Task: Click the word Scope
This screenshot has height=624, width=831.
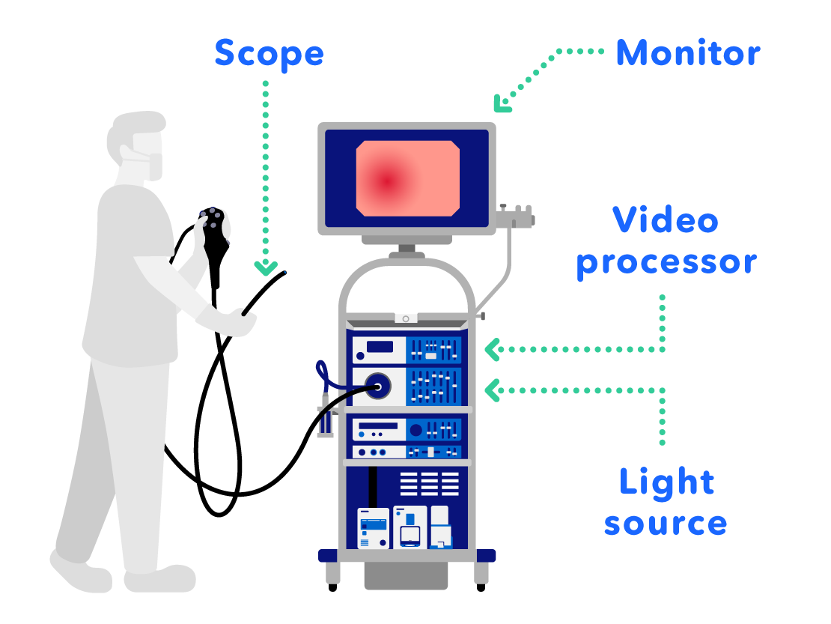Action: pos(269,54)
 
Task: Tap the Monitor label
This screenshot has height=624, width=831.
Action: pos(687,53)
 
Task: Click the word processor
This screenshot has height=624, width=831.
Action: pos(666,263)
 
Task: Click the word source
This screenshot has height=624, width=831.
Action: pos(666,523)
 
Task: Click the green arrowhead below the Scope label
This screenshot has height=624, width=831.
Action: pos(266,267)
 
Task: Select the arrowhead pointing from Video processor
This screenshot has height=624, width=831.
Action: pos(491,349)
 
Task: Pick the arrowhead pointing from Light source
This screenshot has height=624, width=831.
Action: pos(491,390)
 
